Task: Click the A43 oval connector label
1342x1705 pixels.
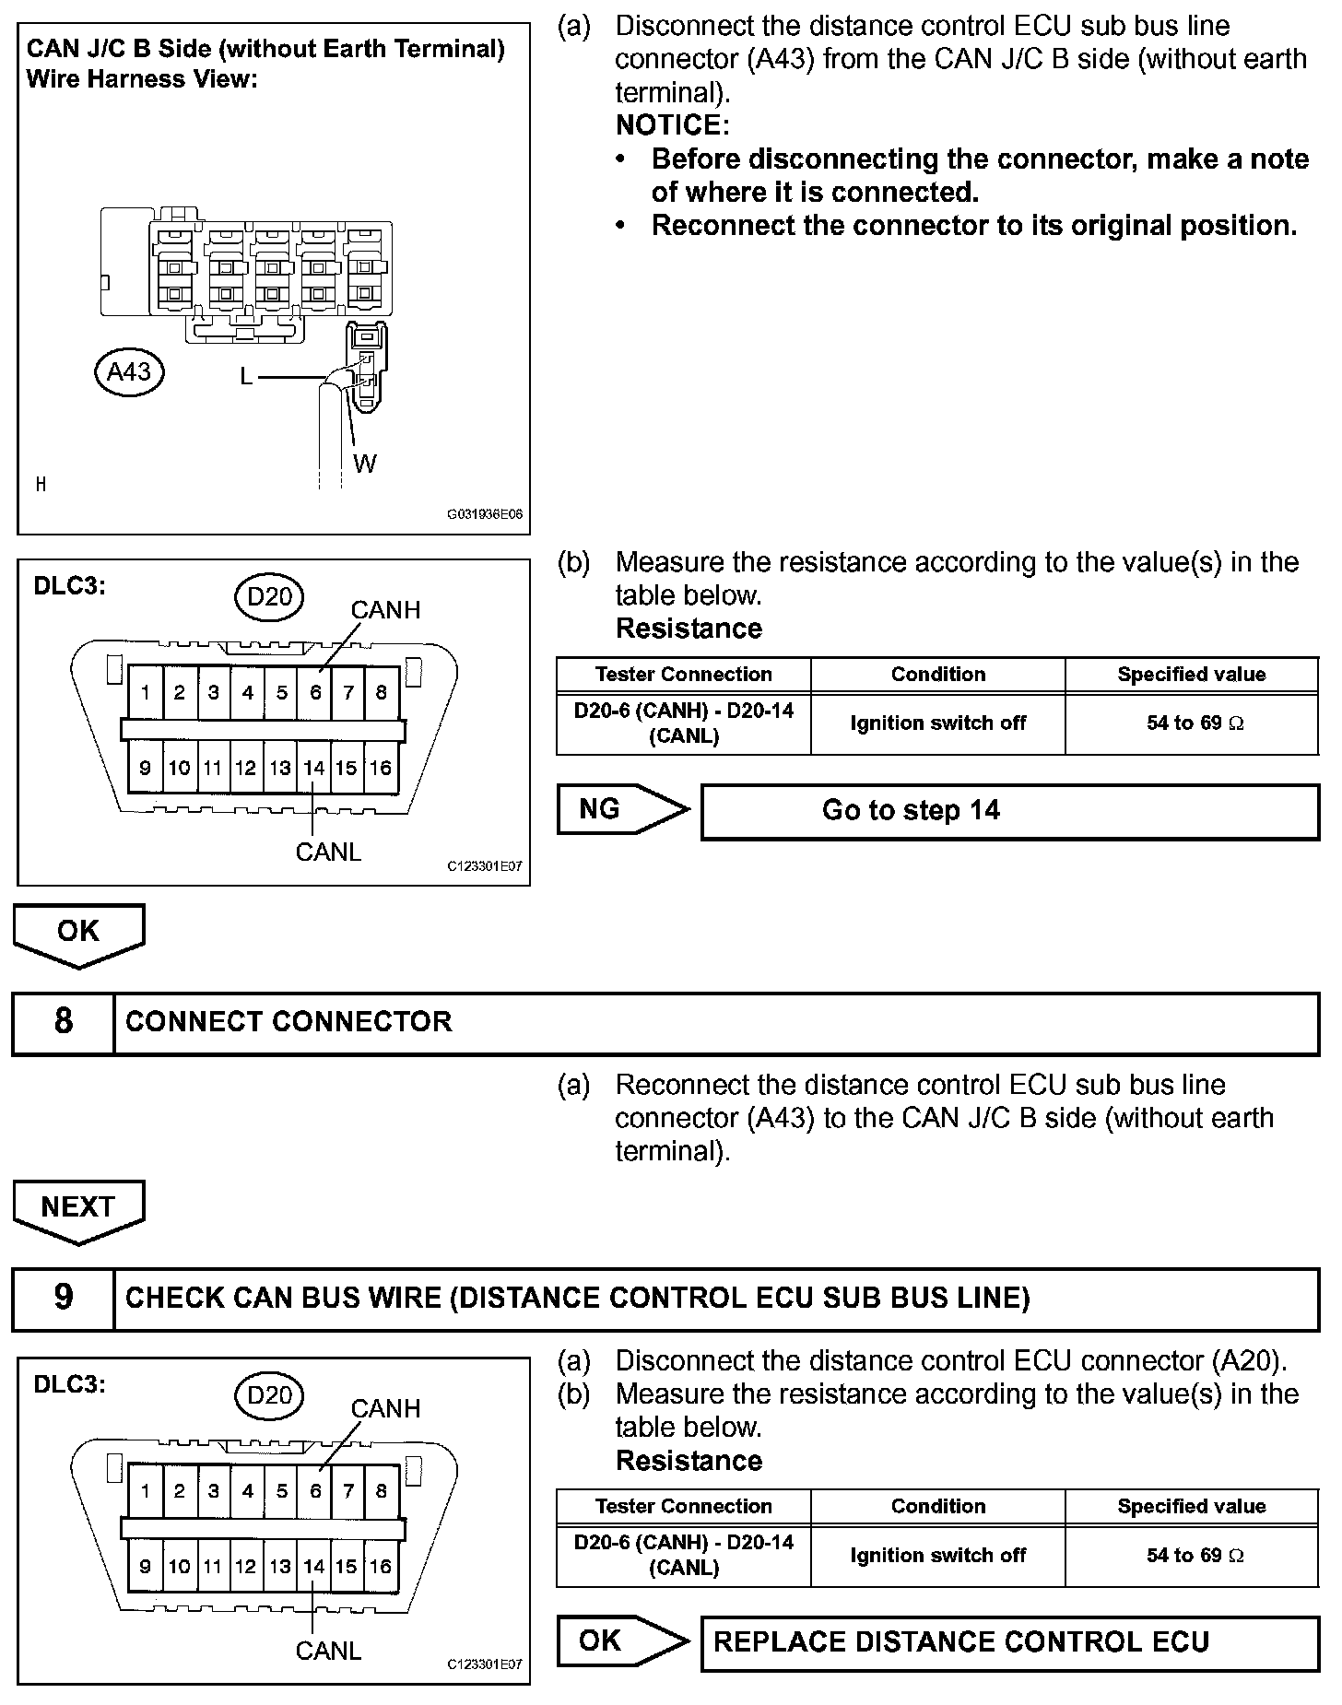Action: (129, 371)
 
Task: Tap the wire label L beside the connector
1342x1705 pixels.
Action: (246, 376)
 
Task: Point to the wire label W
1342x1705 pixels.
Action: (364, 464)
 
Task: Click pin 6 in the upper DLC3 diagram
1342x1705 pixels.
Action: (315, 692)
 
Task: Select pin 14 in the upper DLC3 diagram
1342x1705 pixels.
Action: (314, 768)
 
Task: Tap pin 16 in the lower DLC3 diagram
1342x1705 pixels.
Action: (381, 1566)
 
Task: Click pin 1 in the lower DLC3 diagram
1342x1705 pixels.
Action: (146, 1490)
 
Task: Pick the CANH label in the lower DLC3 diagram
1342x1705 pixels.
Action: (385, 1408)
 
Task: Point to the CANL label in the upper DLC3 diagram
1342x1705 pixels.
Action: (328, 852)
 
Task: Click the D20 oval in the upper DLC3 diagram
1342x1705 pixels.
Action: (269, 597)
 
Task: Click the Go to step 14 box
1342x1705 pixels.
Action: (1009, 811)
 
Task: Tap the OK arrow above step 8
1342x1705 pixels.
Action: (78, 933)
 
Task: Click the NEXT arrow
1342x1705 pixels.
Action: (78, 1208)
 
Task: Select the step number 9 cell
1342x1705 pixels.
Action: (63, 1298)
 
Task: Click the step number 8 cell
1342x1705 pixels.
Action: (63, 1022)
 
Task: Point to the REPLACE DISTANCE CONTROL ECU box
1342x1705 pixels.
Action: (1009, 1642)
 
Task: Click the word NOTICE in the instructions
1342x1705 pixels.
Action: (672, 125)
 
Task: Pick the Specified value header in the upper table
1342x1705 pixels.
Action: (1191, 675)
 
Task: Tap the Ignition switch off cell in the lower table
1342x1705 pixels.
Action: (937, 1556)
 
